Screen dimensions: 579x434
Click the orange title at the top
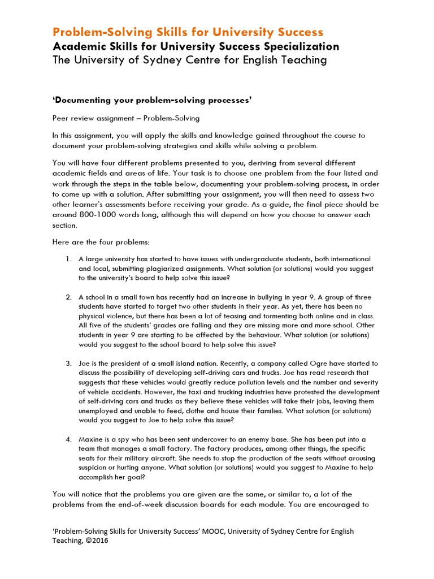188,32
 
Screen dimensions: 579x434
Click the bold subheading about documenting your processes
152,100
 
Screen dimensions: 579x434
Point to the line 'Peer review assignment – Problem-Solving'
125,118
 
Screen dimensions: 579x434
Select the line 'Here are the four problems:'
101,242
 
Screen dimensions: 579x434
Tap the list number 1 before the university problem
68,259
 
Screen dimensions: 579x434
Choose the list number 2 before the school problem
68,297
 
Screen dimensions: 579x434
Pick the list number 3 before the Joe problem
68,364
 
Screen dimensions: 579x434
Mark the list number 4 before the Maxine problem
68,439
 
